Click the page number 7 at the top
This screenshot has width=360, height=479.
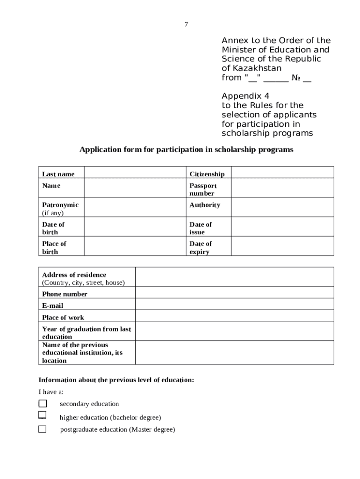186,24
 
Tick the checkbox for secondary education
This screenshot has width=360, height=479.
43,404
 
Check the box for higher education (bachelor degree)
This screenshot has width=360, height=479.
43,415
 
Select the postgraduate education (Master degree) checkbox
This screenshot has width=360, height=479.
43,429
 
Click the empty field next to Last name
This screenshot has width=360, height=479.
135,172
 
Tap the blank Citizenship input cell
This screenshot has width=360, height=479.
282,172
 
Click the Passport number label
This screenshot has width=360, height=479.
203,189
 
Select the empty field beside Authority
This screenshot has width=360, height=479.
282,207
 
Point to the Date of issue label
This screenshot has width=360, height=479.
201,228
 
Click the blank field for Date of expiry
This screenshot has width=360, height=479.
282,246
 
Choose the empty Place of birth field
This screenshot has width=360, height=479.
135,246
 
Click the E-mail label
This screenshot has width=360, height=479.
53,305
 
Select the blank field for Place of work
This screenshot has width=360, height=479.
234,316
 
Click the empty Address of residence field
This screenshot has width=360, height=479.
234,277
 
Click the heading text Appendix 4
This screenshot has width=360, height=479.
245,96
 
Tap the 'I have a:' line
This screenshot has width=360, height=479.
51,392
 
